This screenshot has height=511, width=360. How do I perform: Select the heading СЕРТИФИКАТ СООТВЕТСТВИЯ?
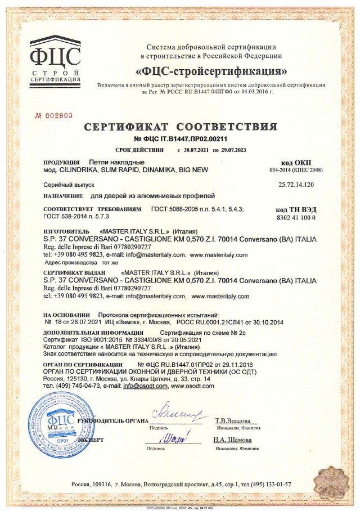point(181,127)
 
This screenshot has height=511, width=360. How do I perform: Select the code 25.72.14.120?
point(296,185)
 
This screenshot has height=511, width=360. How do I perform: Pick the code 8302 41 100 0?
point(296,217)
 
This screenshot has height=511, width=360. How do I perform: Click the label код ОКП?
point(296,162)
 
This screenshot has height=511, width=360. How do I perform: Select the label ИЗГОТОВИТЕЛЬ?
point(66,231)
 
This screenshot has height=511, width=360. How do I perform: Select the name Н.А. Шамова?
point(232,440)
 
